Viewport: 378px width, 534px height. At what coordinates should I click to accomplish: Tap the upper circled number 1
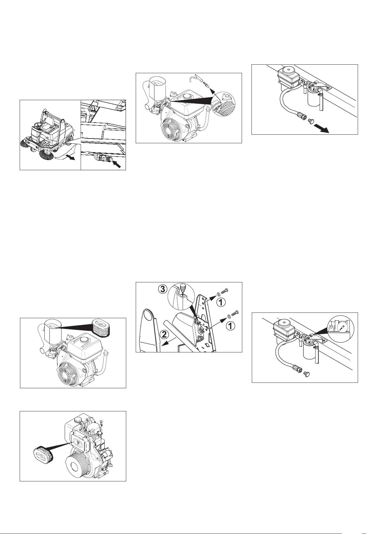[221, 303]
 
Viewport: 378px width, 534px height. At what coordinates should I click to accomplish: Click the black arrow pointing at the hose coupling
[119, 164]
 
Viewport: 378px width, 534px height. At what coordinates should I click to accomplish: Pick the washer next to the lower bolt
[229, 316]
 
